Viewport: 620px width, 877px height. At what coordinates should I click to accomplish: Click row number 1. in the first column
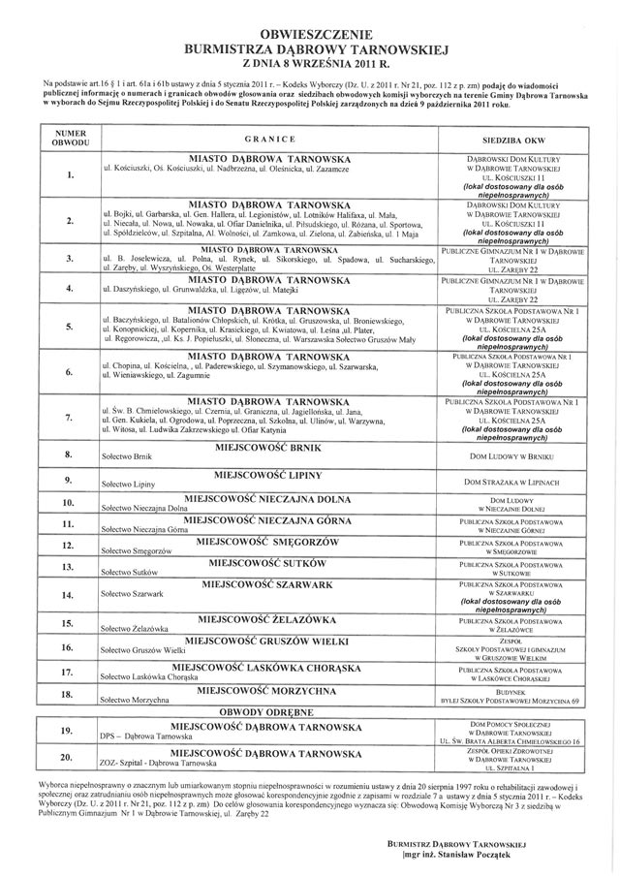pos(70,176)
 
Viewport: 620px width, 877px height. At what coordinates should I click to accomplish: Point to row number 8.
pos(70,454)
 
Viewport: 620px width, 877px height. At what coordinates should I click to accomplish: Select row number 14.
pos(70,594)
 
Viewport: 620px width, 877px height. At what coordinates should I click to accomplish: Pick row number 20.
pos(70,758)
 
